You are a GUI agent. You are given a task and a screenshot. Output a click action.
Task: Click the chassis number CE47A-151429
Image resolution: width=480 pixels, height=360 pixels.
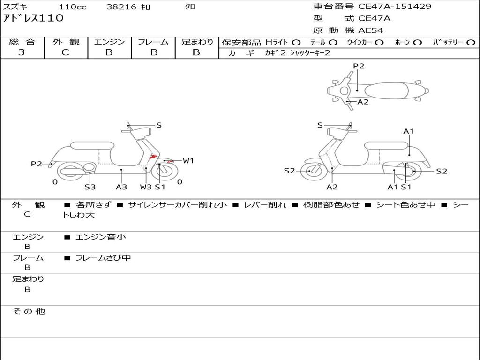coord(395,7)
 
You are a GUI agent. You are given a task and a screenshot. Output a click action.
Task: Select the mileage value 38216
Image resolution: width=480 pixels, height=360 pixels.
coord(121,7)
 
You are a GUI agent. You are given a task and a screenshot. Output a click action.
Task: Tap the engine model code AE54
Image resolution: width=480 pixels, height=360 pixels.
coord(371,30)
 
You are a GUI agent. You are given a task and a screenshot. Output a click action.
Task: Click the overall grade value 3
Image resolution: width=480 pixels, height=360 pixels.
coord(22,52)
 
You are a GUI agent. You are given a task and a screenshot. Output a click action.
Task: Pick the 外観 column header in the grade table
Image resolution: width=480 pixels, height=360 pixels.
coord(66,42)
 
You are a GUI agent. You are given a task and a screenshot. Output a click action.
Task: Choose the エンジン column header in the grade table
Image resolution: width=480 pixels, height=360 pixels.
coord(109,42)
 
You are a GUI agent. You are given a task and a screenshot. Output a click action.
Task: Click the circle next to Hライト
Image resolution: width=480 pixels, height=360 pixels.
coord(296,42)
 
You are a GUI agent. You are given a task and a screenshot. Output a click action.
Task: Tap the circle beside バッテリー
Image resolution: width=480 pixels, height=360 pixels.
coord(471,42)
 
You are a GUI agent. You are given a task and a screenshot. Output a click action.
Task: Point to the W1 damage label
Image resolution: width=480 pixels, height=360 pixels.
coord(188,161)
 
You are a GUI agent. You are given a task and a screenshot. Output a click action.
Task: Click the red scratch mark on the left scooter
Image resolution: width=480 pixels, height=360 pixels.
coord(153,157)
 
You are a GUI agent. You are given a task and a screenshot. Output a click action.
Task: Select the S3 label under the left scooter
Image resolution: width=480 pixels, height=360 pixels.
coord(90,187)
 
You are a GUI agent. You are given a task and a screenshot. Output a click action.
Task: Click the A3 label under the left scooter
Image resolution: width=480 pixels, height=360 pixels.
coord(121,187)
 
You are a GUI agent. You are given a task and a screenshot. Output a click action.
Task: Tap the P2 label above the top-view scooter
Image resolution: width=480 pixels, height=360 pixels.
coord(359,66)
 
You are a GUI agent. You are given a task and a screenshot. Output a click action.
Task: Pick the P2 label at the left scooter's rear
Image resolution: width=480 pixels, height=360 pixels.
coord(37,164)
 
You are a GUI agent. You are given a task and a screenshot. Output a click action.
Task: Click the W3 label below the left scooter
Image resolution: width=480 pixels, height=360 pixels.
coord(146,187)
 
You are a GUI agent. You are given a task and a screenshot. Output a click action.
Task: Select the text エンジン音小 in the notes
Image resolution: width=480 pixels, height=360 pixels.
coord(101,237)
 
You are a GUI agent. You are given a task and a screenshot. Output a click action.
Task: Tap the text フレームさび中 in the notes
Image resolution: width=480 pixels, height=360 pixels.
coord(103,258)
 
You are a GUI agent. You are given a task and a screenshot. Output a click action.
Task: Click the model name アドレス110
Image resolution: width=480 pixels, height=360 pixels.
coord(33,18)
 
